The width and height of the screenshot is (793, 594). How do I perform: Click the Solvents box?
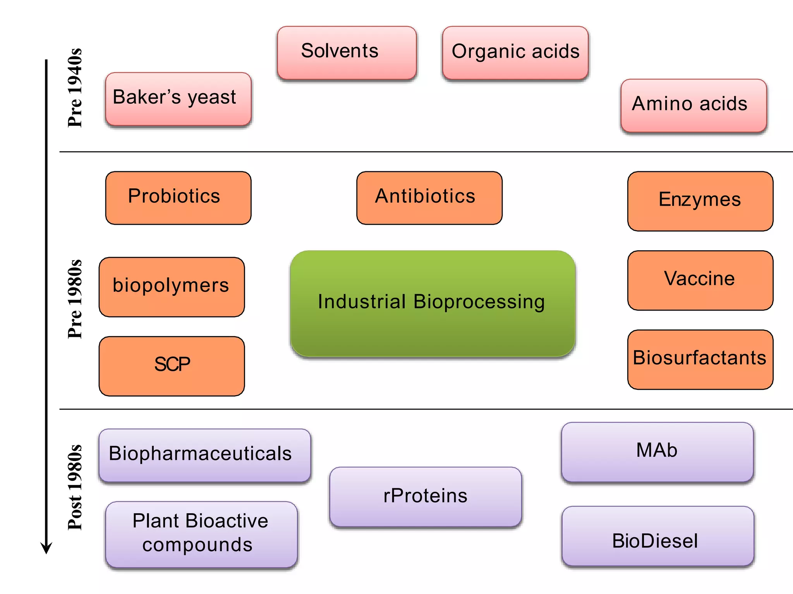[347, 53]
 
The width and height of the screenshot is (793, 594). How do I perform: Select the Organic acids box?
[515, 53]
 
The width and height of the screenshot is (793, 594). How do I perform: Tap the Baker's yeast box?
[178, 99]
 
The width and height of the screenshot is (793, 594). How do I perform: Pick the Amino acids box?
[693, 105]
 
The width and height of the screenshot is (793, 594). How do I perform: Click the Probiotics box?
[178, 198]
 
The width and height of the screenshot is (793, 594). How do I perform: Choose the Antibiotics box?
[429, 198]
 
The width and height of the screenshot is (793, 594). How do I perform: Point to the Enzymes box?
[700, 201]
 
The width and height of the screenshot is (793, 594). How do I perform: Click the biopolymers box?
[172, 287]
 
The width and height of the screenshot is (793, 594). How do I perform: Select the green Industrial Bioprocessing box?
[433, 303]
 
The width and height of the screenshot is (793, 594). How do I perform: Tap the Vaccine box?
[700, 280]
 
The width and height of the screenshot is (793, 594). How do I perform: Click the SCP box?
[172, 365]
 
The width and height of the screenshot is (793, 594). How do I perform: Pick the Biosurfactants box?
[700, 359]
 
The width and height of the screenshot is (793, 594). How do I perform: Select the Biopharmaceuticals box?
[204, 455]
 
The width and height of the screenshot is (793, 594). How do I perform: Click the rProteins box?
[425, 496]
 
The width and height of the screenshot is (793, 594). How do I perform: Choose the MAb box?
[657, 451]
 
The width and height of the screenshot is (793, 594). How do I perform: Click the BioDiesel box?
[657, 536]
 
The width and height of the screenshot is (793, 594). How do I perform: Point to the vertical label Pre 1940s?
[75, 88]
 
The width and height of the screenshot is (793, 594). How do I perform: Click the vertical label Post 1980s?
[75, 487]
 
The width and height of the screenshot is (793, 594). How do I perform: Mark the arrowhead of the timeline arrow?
[46, 548]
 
